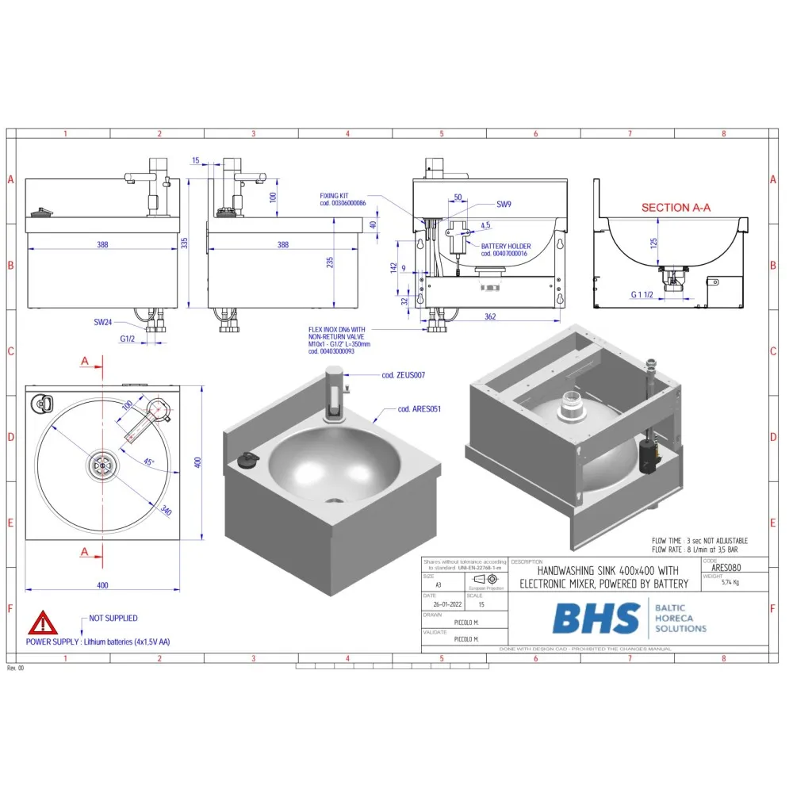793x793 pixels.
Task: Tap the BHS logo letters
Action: [596, 619]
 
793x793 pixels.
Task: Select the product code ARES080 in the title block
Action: [725, 569]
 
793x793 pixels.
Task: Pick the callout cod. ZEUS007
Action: [404, 374]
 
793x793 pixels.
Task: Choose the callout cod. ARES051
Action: [419, 409]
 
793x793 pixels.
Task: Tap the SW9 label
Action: [504, 205]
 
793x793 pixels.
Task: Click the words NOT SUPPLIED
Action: [113, 618]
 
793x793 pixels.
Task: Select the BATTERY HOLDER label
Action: [516, 247]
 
